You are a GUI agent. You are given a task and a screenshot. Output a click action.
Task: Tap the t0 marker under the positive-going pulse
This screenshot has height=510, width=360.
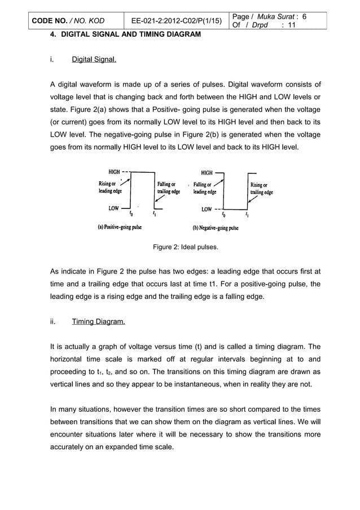tap(131, 214)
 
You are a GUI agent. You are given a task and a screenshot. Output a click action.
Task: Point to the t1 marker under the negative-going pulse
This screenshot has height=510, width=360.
tap(247, 215)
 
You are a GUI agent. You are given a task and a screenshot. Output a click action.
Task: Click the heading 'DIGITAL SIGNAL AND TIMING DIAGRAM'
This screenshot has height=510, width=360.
tap(130, 34)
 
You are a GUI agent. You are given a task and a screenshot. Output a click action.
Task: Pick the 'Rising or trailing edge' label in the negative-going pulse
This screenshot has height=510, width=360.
tap(261, 188)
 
